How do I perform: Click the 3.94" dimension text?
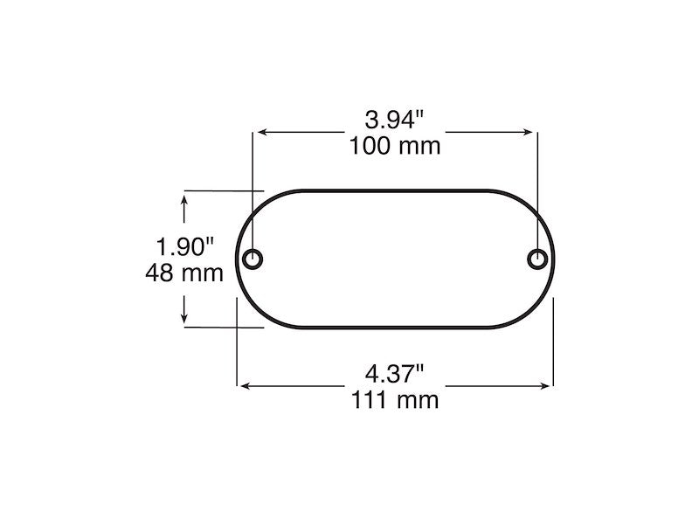(x=396, y=119)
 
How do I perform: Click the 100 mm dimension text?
(x=396, y=145)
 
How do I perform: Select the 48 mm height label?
(x=184, y=273)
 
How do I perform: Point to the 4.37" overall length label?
(x=396, y=374)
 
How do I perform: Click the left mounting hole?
(x=253, y=259)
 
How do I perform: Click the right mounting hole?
(x=537, y=259)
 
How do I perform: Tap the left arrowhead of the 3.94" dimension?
(x=260, y=133)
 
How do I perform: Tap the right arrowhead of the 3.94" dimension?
(x=531, y=133)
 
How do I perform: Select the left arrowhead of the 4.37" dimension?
(x=244, y=384)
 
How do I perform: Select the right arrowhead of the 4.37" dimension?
(x=548, y=384)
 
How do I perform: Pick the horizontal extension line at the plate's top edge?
(x=218, y=190)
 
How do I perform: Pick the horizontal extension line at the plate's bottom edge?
(x=218, y=327)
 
